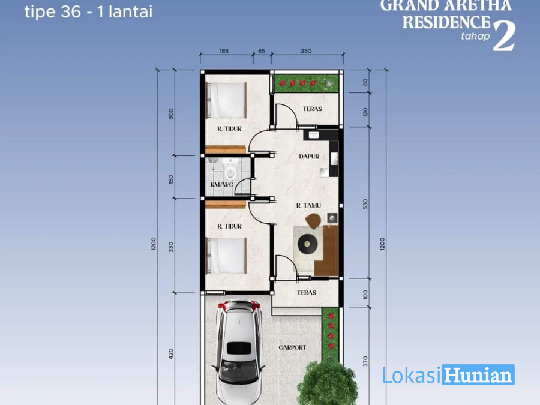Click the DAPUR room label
coord(309,157)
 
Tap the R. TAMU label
coord(308,206)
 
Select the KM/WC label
coord(222,185)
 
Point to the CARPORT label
coord(292,347)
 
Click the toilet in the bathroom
coord(230,171)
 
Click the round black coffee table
coord(308,244)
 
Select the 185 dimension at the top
coord(224,51)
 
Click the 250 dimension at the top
coord(306,51)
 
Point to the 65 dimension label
coord(262,51)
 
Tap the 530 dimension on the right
coord(365,204)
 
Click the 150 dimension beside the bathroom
coord(171,179)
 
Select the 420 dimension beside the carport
coord(171,354)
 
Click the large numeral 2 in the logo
coord(504,37)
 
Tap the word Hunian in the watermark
coord(479,374)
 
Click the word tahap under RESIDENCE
coord(475,36)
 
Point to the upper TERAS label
coord(313,109)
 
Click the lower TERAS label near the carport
coord(307,293)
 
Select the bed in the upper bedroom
coord(226,100)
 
